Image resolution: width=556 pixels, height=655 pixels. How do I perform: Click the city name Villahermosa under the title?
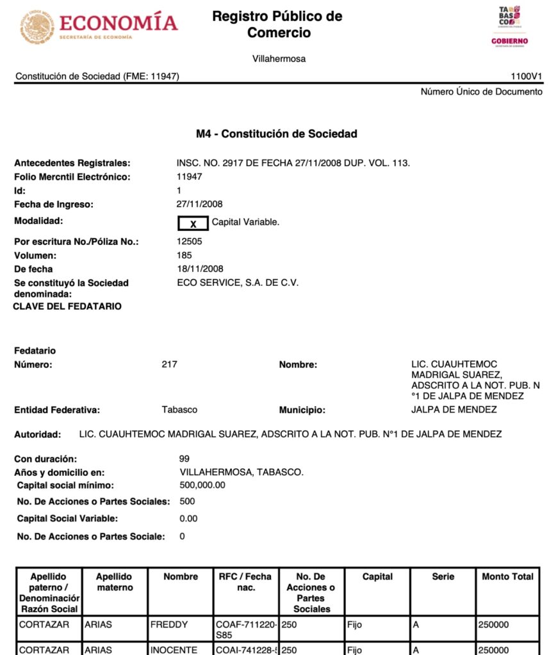279,59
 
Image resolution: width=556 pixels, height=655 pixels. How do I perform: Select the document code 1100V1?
527,76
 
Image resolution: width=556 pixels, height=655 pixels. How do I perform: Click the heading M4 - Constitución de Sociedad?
276,134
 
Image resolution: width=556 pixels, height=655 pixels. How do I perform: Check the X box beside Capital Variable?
193,223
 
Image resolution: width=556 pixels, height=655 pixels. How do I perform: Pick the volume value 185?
184,255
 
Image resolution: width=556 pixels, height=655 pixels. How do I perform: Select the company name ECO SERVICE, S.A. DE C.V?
238,282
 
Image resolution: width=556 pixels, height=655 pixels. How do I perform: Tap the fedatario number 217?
170,365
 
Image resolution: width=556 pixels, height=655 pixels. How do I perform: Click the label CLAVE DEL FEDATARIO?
67,306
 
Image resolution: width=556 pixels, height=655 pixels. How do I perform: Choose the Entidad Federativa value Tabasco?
179,409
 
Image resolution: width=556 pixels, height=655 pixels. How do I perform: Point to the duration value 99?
184,459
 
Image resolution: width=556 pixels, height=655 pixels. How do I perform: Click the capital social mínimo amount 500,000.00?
202,485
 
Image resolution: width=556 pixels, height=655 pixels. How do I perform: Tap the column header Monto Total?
507,576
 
